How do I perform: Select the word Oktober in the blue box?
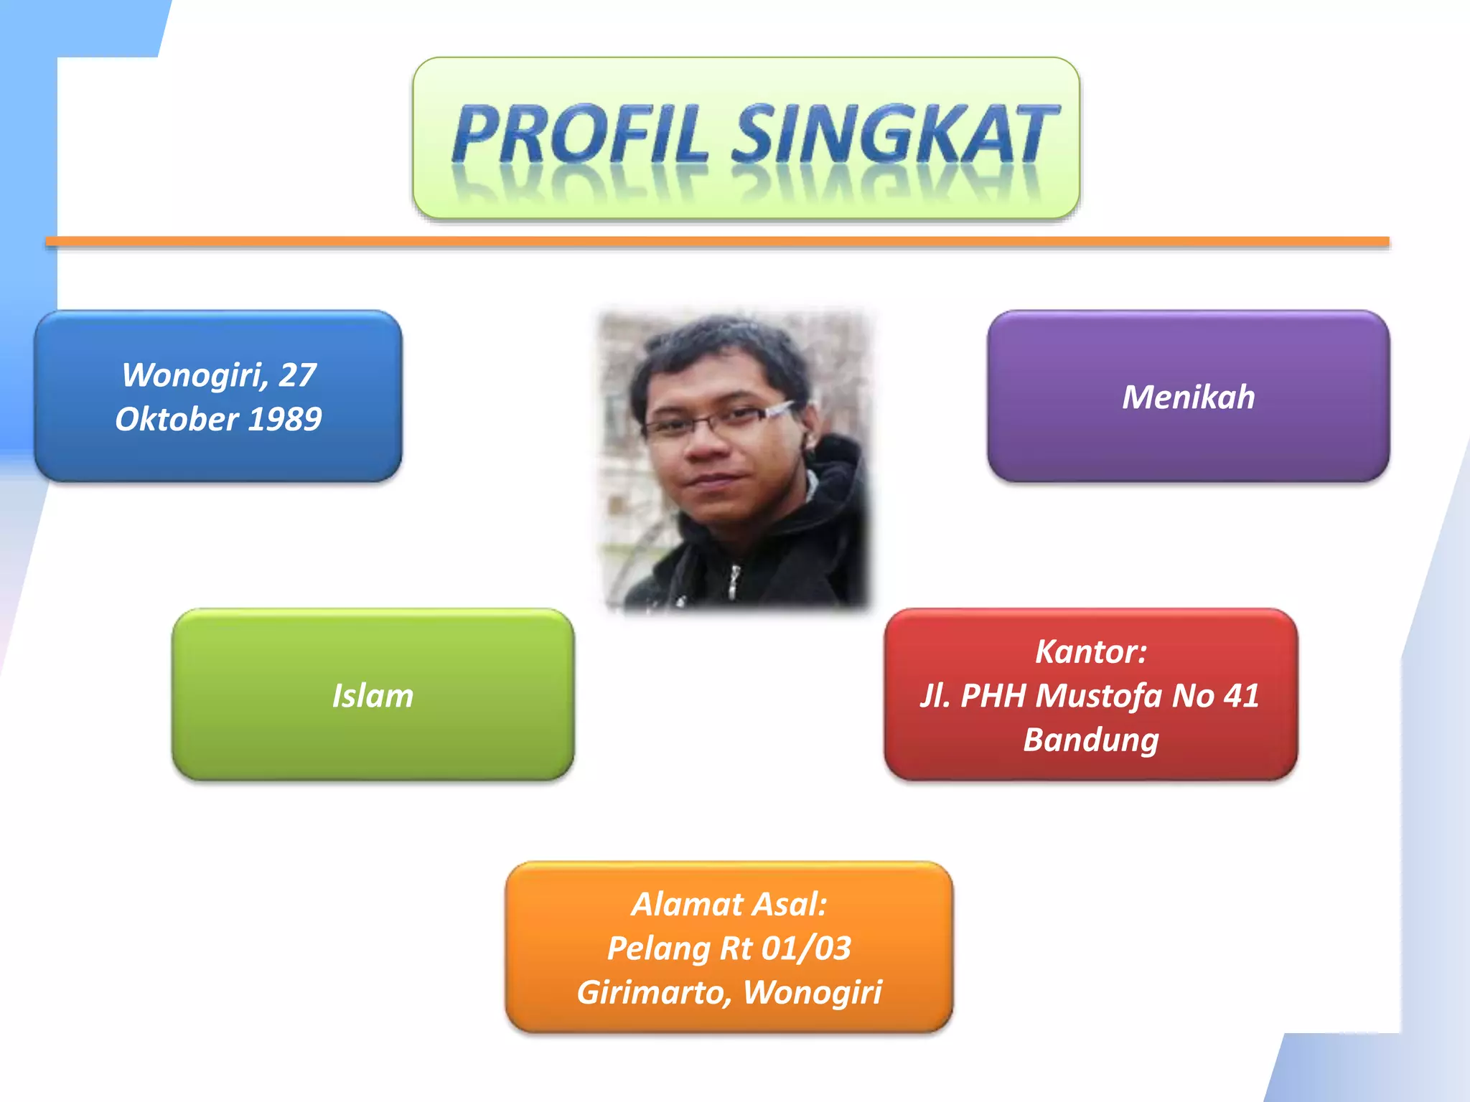pos(177,419)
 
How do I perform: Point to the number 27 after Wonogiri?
pos(297,375)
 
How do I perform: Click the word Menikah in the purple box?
pos(1188,397)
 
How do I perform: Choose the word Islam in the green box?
pos(373,696)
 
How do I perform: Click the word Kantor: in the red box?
pos(1091,651)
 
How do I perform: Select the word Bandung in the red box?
pos(1091,740)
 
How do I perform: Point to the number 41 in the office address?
pos(1241,696)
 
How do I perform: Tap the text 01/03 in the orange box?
pos(806,948)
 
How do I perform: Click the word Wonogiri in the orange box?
pos(812,992)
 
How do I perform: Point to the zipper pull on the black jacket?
pos(734,580)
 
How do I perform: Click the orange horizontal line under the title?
pos(718,242)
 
